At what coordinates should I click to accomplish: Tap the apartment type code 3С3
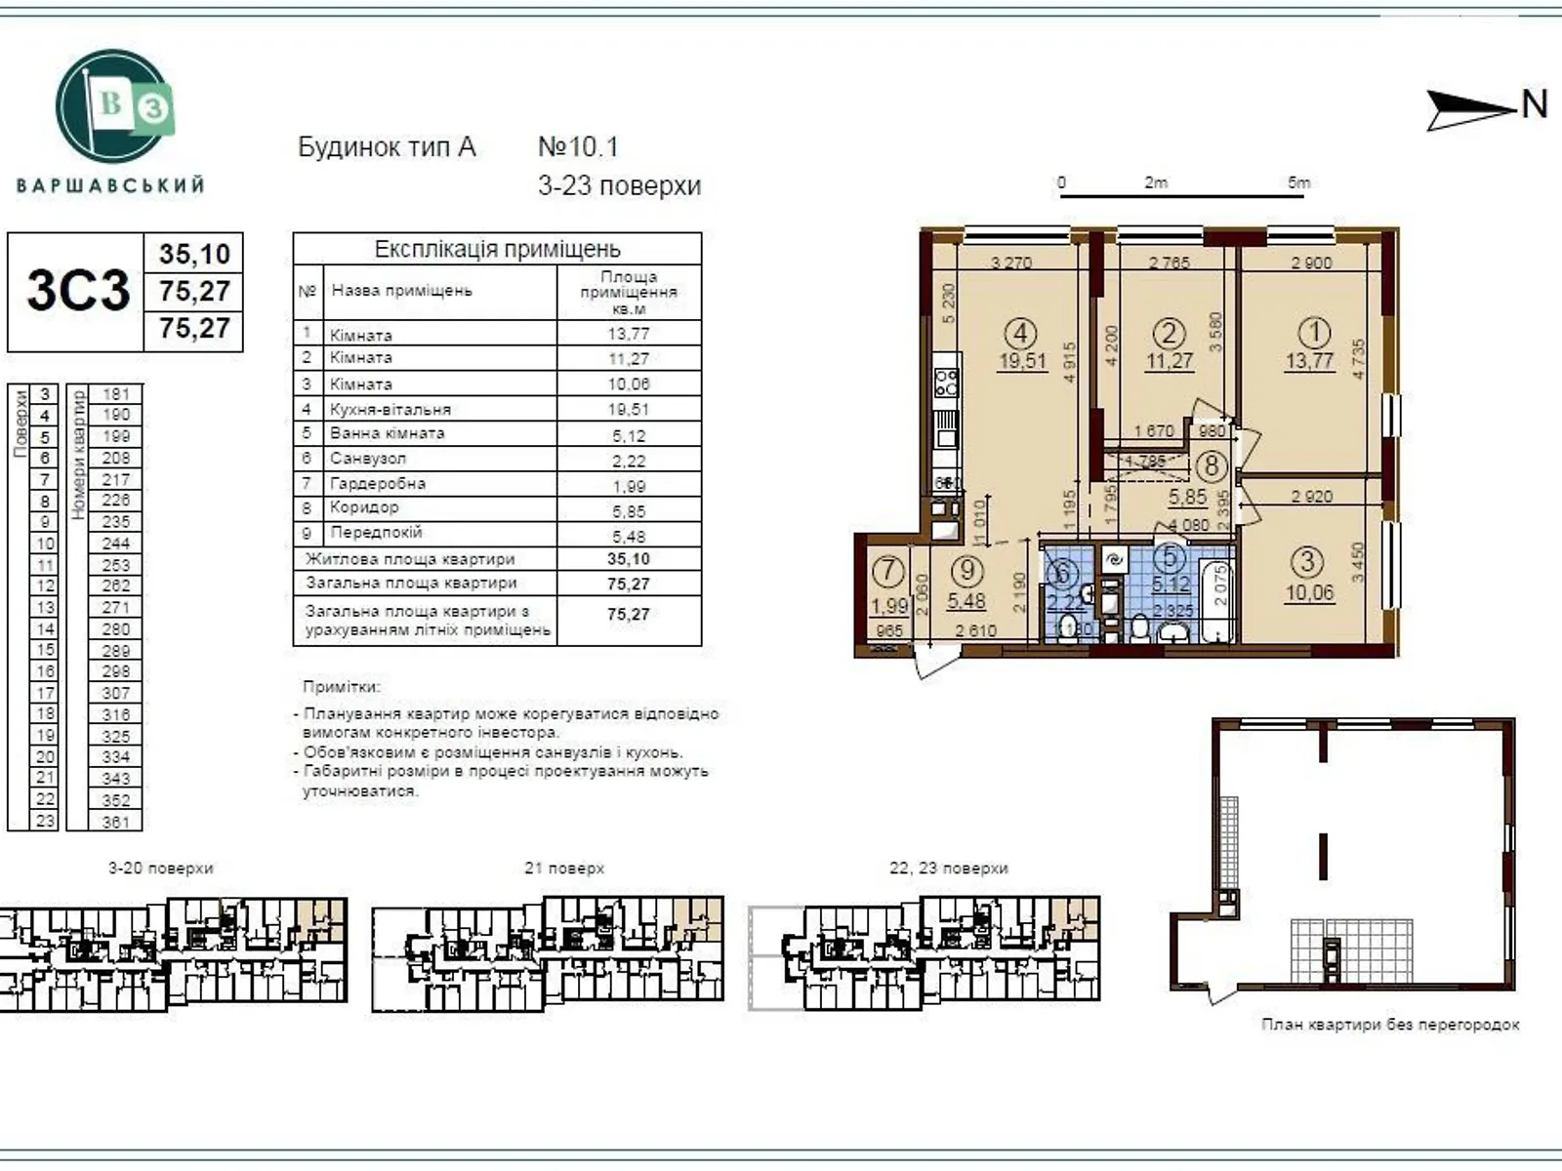[x=77, y=290]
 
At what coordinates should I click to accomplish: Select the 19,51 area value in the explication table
[x=629, y=410]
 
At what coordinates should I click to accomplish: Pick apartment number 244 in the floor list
[x=115, y=544]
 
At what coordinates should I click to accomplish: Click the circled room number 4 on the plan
[x=1020, y=334]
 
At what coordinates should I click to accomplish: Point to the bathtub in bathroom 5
[x=1216, y=597]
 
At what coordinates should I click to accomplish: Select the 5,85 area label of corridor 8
[x=1188, y=497]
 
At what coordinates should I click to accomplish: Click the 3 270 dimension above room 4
[x=1011, y=262]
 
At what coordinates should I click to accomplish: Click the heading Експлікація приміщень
[x=497, y=249]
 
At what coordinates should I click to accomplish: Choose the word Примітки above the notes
[x=342, y=687]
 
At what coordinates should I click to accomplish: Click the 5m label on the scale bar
[x=1298, y=182]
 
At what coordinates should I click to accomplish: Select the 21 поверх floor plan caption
[x=564, y=868]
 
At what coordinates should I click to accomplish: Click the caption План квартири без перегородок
[x=1390, y=1025]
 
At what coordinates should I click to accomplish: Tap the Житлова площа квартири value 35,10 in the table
[x=629, y=559]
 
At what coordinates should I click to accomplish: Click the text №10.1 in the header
[x=578, y=147]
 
